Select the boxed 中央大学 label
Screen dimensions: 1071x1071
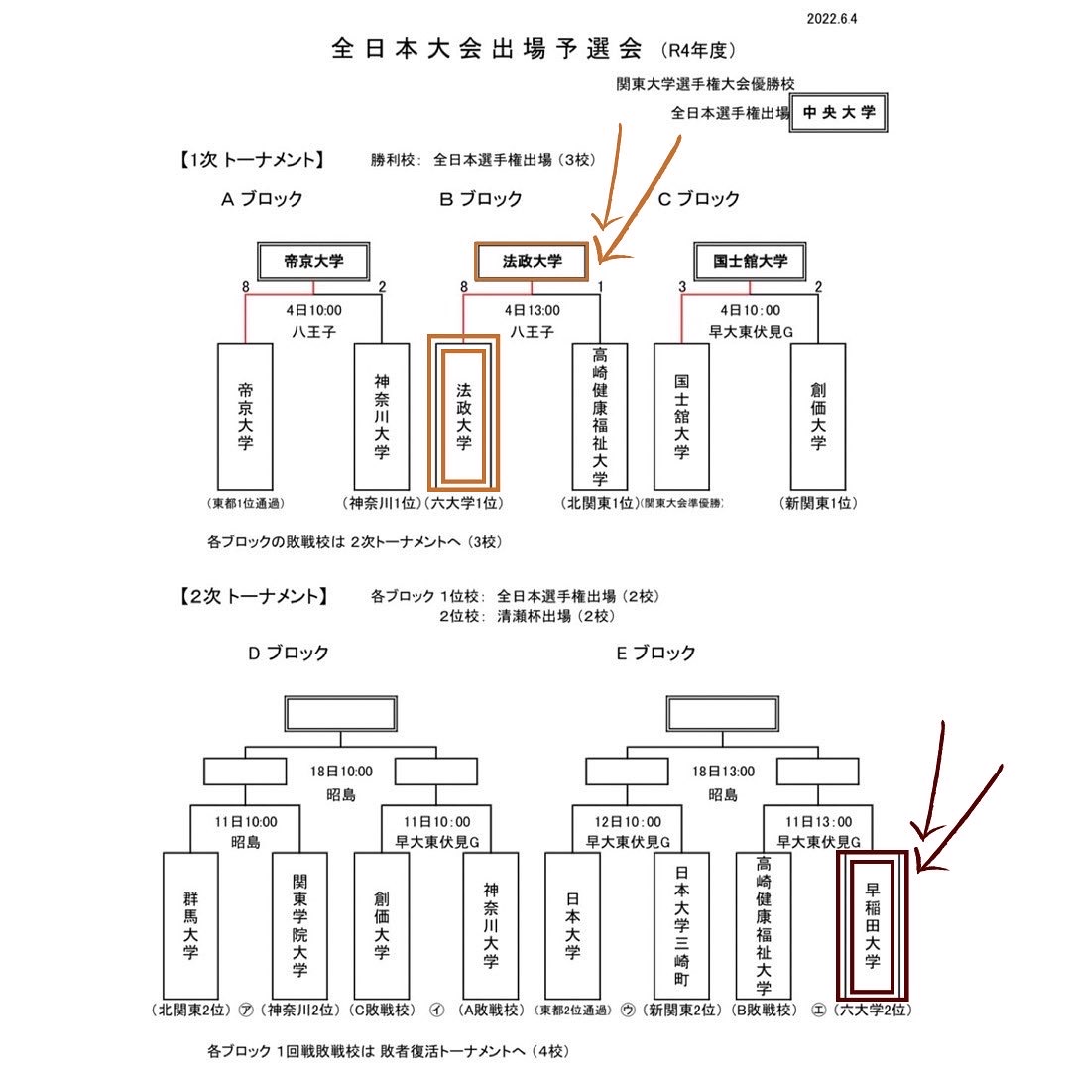coord(839,113)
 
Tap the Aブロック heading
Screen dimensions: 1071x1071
coord(262,199)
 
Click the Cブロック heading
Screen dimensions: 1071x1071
coord(699,199)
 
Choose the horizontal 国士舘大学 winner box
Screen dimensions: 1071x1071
coord(751,262)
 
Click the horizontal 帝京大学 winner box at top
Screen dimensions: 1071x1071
coord(312,262)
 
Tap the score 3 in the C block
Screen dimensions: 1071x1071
coord(682,287)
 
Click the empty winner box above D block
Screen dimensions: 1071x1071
coord(340,714)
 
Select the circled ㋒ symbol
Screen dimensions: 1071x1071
coord(627,1011)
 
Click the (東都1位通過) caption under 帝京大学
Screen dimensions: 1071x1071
coord(246,504)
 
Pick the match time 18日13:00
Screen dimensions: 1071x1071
coord(723,771)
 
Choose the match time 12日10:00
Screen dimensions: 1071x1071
coord(626,821)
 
